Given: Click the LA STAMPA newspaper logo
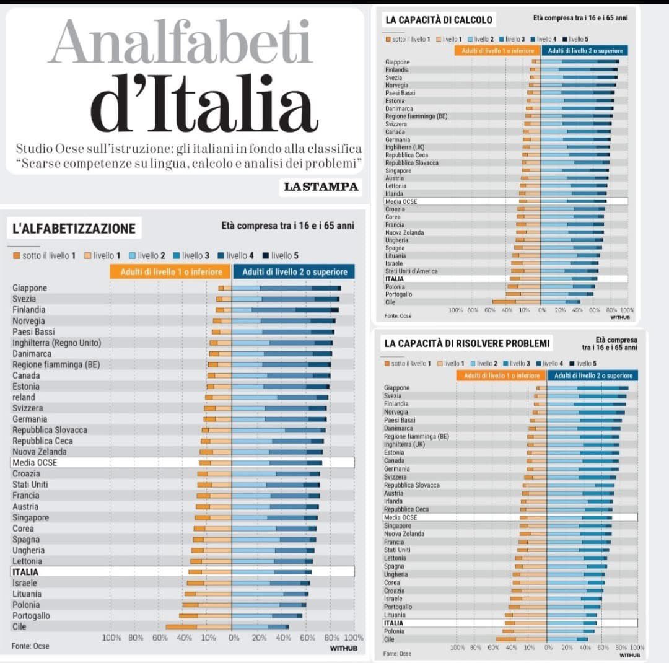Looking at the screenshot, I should coord(321,187).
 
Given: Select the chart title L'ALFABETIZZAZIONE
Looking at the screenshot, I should coord(74,229).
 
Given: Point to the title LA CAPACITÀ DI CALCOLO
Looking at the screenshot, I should coord(439,20).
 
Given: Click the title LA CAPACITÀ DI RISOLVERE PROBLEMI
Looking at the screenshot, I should coord(466,343).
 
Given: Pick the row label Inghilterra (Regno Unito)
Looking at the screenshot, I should coord(56,343).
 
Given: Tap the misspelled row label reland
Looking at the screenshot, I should coord(24,397).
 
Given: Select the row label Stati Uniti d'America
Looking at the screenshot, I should coord(411,271).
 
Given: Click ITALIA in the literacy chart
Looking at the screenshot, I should coord(25,572).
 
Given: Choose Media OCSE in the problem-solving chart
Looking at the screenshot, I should coord(400,517).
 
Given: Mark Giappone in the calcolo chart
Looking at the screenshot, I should coord(398,62).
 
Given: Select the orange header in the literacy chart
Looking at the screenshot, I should coord(170,272).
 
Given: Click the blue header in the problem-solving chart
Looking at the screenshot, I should coord(593,375).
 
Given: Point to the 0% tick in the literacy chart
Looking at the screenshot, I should coord(233,638).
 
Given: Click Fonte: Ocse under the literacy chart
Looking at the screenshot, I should coord(30,646).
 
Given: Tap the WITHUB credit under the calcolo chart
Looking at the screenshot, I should coord(619,317).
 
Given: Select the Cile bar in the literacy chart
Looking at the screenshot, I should coord(227,627).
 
